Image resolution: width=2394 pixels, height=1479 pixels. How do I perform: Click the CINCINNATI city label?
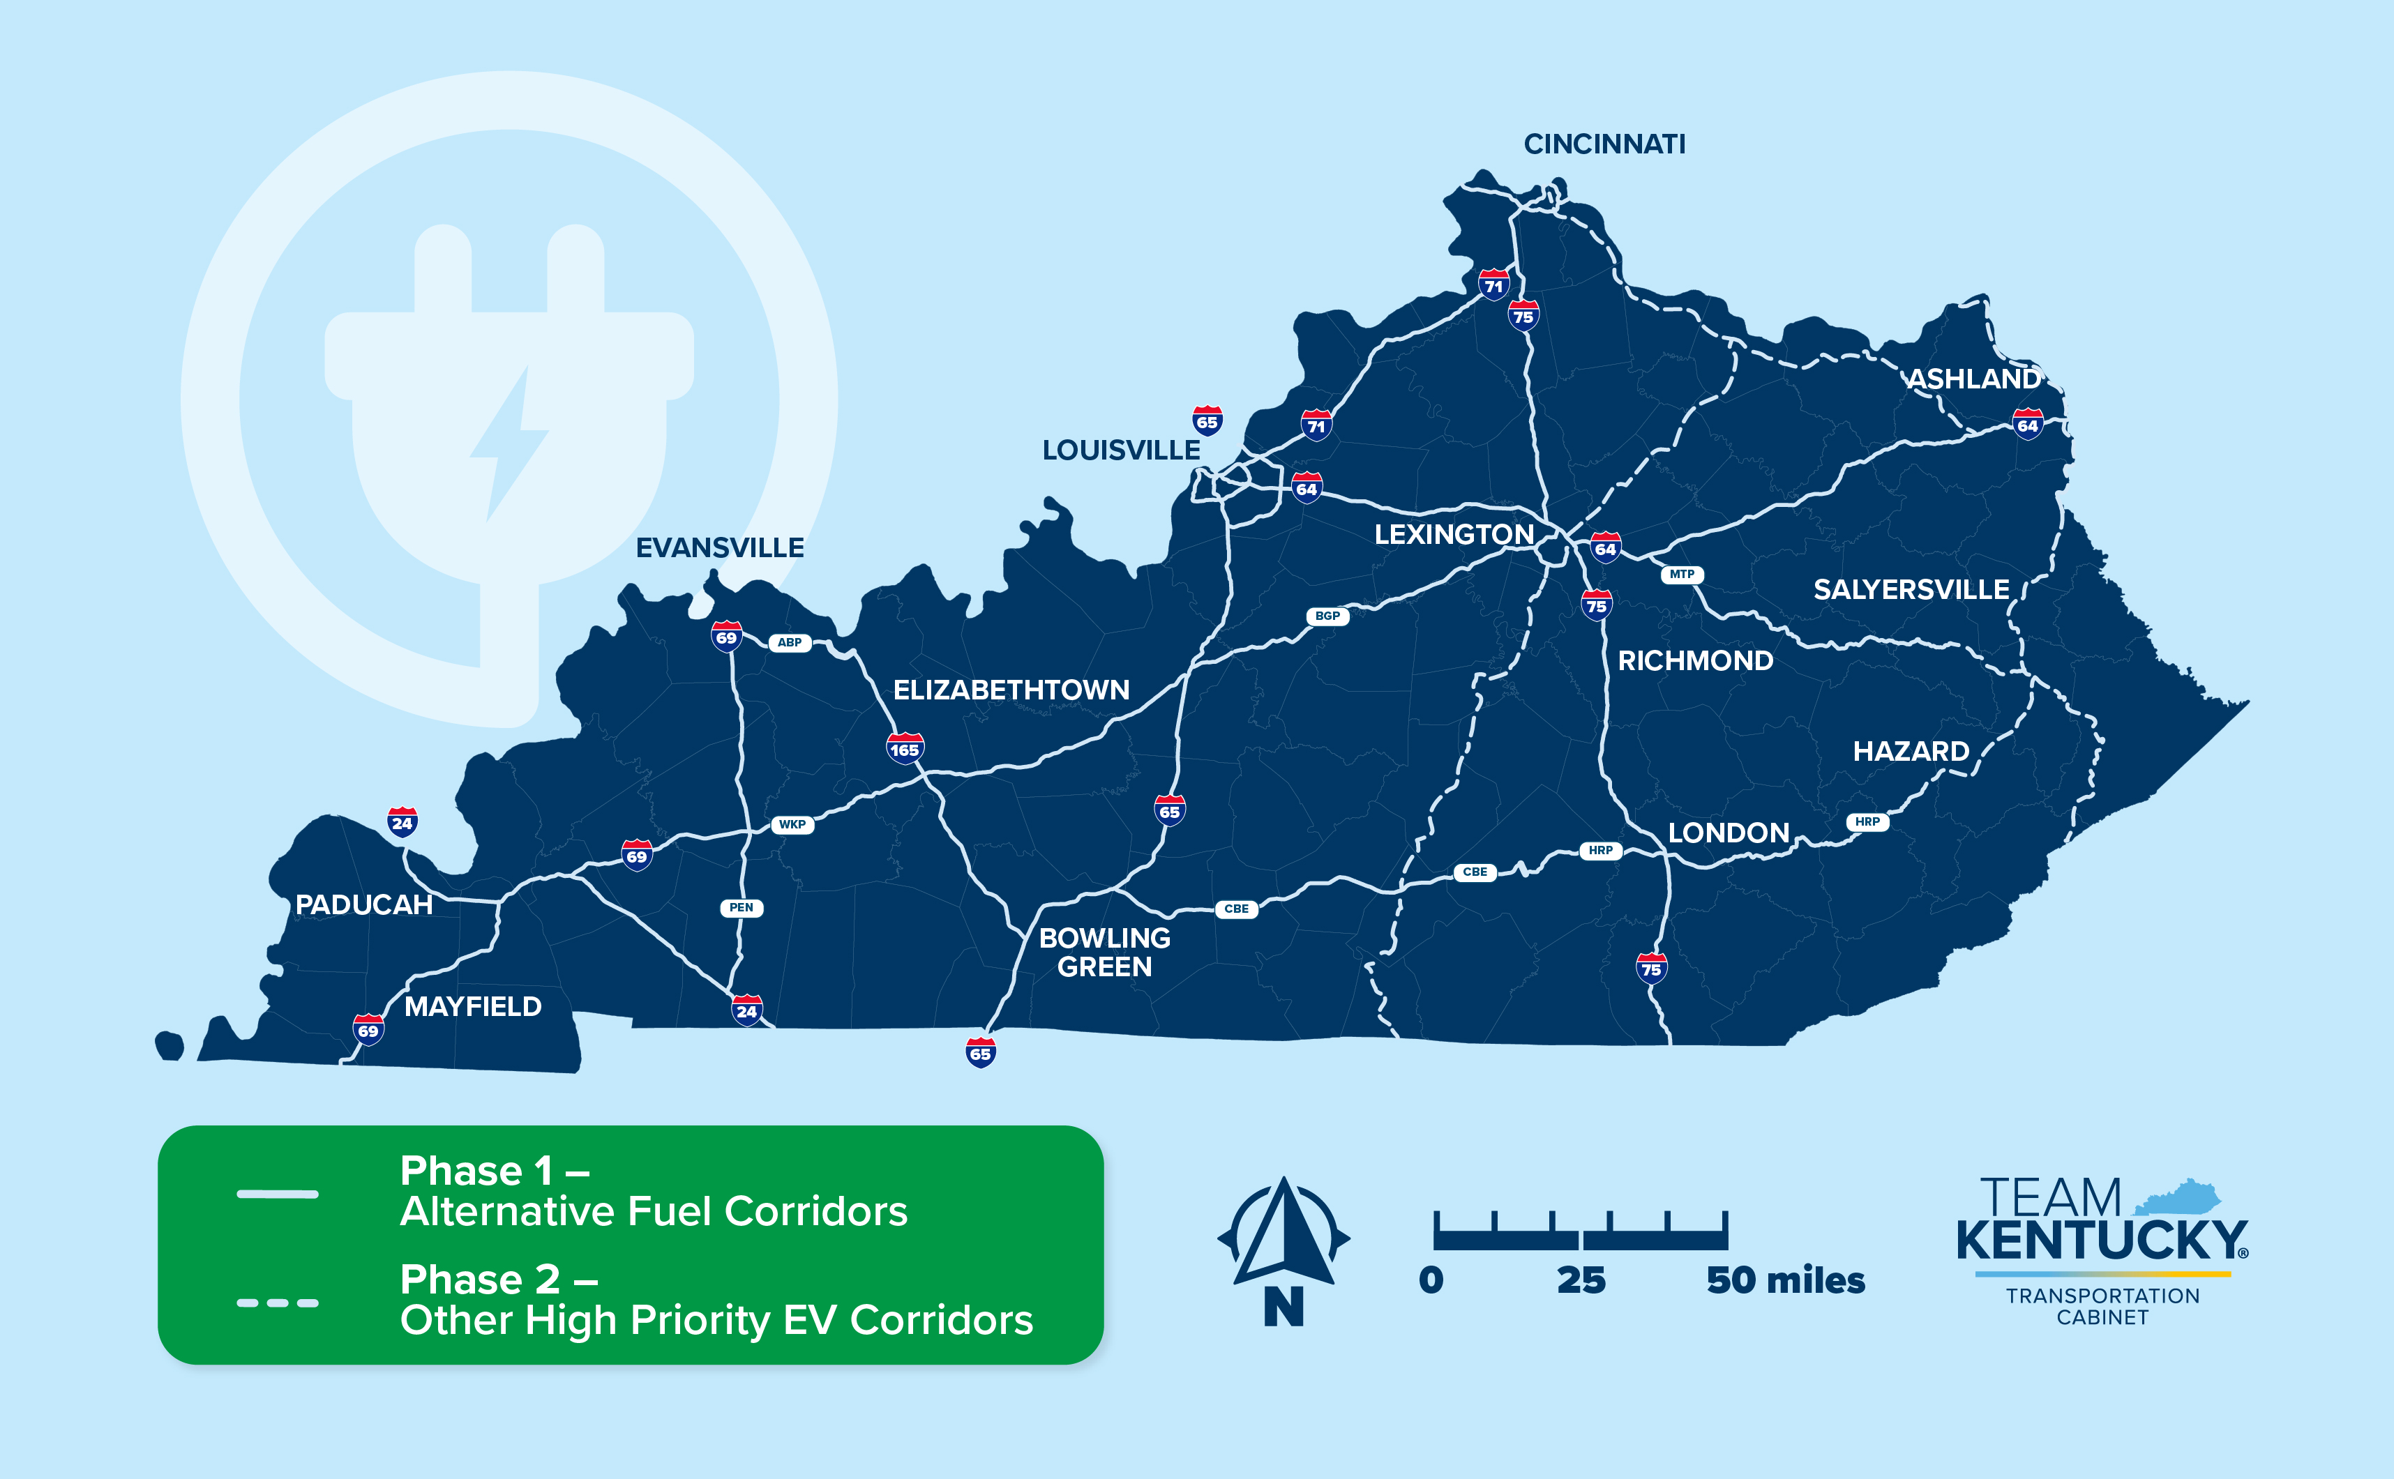click(x=1604, y=145)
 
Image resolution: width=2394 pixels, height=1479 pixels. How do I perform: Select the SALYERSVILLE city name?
click(x=1911, y=590)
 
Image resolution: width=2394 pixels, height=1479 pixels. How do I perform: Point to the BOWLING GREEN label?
click(x=1104, y=952)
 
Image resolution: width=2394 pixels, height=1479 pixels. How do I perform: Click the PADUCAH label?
click(x=364, y=905)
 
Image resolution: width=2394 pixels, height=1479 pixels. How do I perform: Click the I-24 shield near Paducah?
click(x=402, y=821)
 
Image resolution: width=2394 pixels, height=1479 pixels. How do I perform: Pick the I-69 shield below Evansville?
click(x=726, y=637)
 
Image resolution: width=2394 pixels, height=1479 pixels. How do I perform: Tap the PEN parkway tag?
click(x=741, y=908)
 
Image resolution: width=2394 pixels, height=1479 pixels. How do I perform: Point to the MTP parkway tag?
click(x=1682, y=574)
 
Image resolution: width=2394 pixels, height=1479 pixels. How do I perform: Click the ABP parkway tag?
click(x=790, y=643)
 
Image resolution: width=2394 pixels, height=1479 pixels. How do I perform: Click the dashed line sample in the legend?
click(x=278, y=1302)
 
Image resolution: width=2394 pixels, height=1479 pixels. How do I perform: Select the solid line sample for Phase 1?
click(x=278, y=1193)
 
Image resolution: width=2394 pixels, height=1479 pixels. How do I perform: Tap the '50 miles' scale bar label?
click(x=1786, y=1280)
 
